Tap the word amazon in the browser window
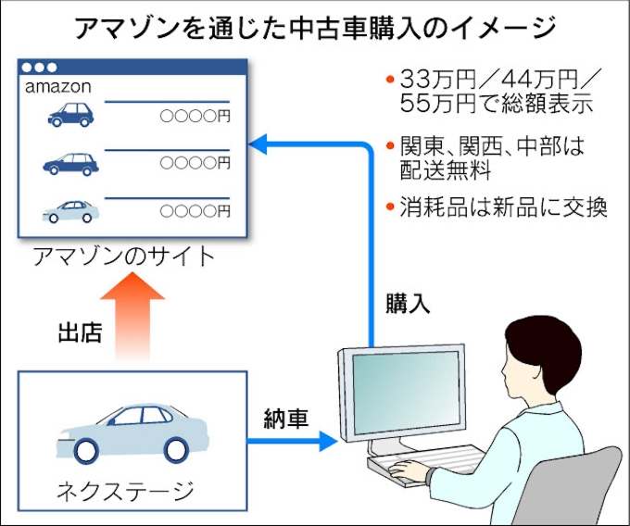click(57, 87)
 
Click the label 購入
click(409, 303)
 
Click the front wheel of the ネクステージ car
click(86, 450)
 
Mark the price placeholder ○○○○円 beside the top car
click(195, 117)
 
